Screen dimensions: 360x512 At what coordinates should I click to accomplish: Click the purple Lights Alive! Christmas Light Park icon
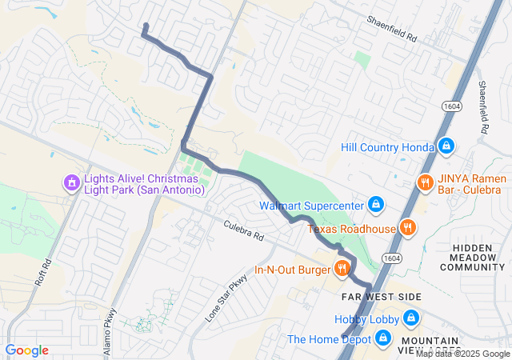click(72, 183)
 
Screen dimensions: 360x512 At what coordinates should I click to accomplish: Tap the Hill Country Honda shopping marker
click(446, 146)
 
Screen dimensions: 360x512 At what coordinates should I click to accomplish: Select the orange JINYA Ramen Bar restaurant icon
click(425, 183)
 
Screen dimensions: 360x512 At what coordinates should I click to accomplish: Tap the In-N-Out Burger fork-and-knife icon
click(342, 269)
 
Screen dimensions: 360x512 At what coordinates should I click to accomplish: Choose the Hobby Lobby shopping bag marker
click(410, 319)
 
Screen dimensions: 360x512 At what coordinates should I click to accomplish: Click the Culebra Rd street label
click(243, 232)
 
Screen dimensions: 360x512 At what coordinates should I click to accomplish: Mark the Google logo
click(26, 350)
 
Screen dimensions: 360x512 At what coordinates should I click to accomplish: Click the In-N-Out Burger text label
click(292, 270)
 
